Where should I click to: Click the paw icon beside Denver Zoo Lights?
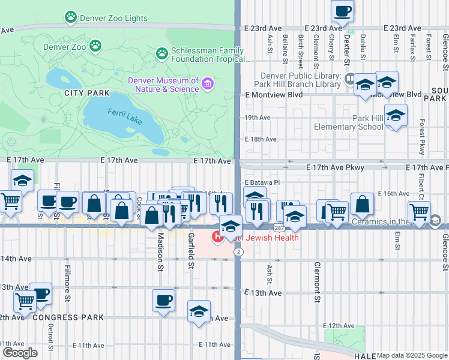[x=71, y=17]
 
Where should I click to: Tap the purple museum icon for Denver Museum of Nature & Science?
[x=208, y=83]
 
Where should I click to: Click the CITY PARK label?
[x=88, y=93]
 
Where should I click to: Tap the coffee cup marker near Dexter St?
[x=342, y=11]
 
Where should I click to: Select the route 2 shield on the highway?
[x=238, y=253]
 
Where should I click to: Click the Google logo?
[x=20, y=353]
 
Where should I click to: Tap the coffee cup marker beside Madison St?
[x=163, y=300]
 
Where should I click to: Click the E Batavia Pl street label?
[x=262, y=182]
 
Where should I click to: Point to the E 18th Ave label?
[x=260, y=139]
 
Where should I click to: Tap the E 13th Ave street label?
[x=263, y=293]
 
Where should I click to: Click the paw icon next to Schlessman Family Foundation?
[x=162, y=53]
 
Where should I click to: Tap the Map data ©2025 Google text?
[x=412, y=355]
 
